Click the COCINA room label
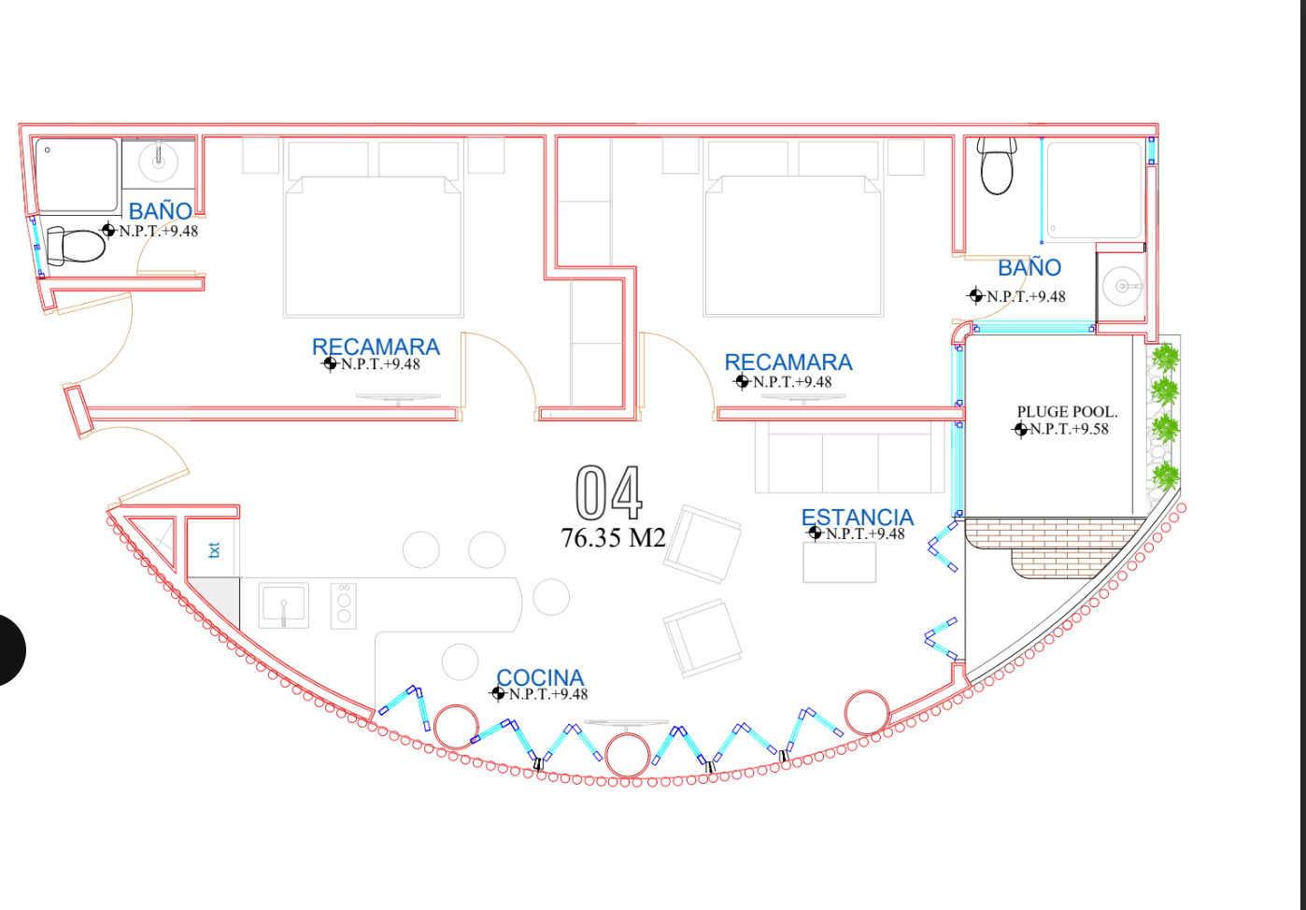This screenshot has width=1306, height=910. click(539, 677)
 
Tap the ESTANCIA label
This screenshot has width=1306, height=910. click(857, 518)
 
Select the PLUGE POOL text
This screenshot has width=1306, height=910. click(1067, 412)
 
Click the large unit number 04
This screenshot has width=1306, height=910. click(609, 493)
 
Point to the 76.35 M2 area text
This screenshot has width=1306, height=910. click(613, 538)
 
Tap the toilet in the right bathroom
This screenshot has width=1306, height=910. click(997, 164)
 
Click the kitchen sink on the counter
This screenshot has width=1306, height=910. click(283, 604)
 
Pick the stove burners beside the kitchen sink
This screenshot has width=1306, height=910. click(344, 604)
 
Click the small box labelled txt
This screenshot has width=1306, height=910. click(214, 550)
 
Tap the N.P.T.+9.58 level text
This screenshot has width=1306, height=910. click(1068, 430)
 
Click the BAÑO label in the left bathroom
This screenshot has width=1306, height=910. click(161, 211)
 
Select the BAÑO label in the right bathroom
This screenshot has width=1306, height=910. click(1029, 268)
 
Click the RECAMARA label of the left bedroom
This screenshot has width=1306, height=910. click(376, 347)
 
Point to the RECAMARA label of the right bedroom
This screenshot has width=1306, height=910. click(788, 363)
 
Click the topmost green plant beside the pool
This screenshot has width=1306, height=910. click(1164, 358)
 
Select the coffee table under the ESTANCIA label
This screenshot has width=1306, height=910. click(839, 562)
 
